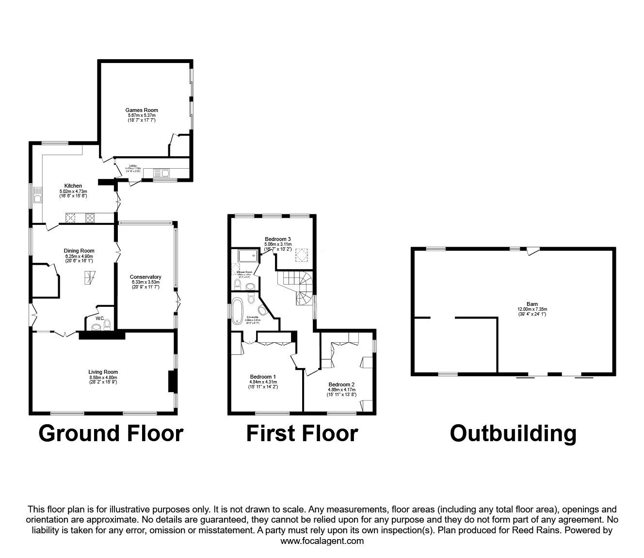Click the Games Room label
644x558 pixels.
coord(142,110)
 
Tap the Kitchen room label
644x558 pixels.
coord(73,186)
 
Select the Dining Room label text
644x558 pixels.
coord(79,251)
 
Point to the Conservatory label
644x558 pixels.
coord(146,277)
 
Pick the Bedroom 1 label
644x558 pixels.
coord(263,377)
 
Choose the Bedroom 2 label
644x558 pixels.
coord(341,383)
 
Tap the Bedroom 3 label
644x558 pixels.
coord(277,239)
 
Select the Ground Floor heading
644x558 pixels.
coord(111,433)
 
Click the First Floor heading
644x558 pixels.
coord(302,433)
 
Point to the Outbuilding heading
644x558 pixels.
coord(513,433)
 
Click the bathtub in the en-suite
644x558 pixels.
coord(237,311)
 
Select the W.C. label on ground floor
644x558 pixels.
coord(100,319)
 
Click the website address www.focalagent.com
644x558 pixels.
coord(322,541)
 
